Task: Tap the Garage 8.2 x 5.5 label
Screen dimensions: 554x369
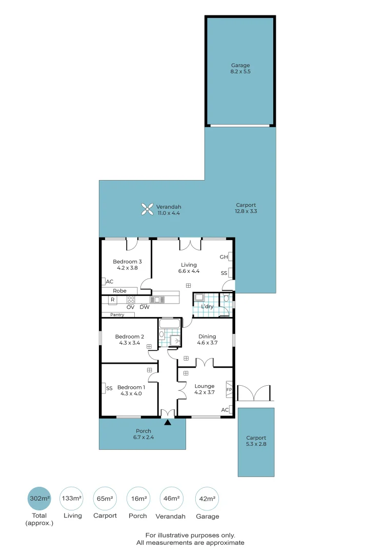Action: pyautogui.click(x=240, y=68)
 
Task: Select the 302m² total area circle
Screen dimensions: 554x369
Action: pyautogui.click(x=39, y=499)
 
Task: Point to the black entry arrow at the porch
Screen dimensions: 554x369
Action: pyautogui.click(x=168, y=423)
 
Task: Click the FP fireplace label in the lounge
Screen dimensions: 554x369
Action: pyautogui.click(x=229, y=389)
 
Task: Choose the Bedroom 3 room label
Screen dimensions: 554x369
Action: pyautogui.click(x=127, y=264)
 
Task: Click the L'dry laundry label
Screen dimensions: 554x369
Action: pyautogui.click(x=207, y=307)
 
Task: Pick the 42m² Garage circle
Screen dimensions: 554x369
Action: pyautogui.click(x=207, y=499)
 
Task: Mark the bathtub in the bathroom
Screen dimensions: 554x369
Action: pyautogui.click(x=169, y=324)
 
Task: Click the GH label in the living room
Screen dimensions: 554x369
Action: pyautogui.click(x=223, y=257)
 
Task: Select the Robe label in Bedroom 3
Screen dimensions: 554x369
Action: pyautogui.click(x=119, y=291)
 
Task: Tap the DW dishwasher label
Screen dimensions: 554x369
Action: pyautogui.click(x=145, y=307)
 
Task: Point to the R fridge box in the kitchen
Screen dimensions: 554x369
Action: pyautogui.click(x=112, y=300)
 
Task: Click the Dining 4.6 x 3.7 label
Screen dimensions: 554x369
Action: pyautogui.click(x=207, y=340)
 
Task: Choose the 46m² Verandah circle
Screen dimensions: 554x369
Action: pyautogui.click(x=172, y=499)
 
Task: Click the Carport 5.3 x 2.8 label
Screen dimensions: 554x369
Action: pyautogui.click(x=256, y=441)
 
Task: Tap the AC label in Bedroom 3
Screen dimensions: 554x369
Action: pyautogui.click(x=110, y=282)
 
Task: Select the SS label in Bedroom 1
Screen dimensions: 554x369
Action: pyautogui.click(x=109, y=388)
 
